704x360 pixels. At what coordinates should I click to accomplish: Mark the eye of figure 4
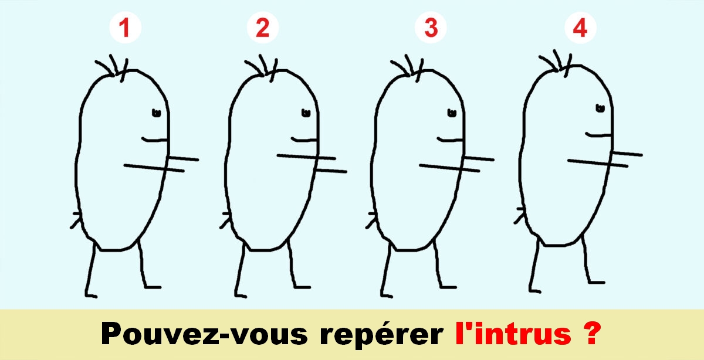click(x=600, y=108)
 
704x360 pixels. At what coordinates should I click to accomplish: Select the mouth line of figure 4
click(x=598, y=135)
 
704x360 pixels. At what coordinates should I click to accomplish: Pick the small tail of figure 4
click(x=519, y=215)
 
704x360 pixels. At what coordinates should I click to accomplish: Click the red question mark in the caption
click(x=591, y=334)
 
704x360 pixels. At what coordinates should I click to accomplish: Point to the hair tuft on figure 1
click(x=114, y=66)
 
